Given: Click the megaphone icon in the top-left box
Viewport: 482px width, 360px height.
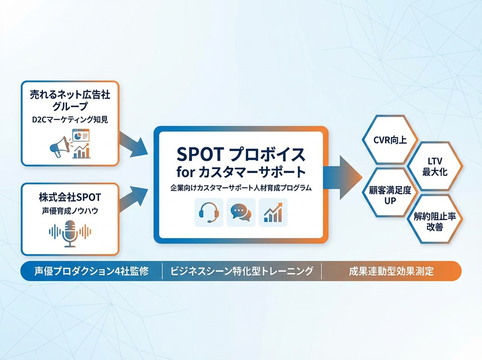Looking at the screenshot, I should coord(59,147).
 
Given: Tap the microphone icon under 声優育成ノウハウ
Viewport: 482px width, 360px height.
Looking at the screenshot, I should coord(70,233).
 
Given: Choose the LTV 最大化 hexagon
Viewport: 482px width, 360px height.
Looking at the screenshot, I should coord(433,167).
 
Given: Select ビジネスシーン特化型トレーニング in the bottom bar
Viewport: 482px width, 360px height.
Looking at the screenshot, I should coord(242,271).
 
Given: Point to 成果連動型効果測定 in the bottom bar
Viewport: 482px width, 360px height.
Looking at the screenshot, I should coord(391,271).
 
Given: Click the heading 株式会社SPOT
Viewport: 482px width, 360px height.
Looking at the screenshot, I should coord(70,198).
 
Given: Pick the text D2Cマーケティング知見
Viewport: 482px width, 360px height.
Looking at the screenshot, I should coord(70,119).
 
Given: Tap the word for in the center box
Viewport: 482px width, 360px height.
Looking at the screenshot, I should coord(186,172).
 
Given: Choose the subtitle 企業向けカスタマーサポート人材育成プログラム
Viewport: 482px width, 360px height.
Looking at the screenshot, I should coord(241,188).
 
